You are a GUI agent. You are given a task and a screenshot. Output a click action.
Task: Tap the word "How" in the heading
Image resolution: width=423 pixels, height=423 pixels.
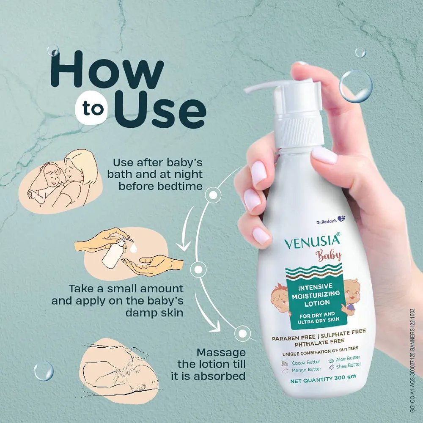pyautogui.click(x=107, y=70)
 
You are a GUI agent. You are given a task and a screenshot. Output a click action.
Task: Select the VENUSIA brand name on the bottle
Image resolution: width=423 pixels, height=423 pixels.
pyautogui.click(x=312, y=241)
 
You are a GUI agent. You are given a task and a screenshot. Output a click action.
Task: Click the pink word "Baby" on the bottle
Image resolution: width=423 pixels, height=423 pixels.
pyautogui.click(x=329, y=255)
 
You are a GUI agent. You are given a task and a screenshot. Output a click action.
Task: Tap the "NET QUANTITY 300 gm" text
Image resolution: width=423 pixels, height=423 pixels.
pyautogui.click(x=323, y=379)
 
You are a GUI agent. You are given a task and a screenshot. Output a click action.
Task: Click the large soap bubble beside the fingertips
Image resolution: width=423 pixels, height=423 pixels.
pyautogui.click(x=356, y=86)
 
